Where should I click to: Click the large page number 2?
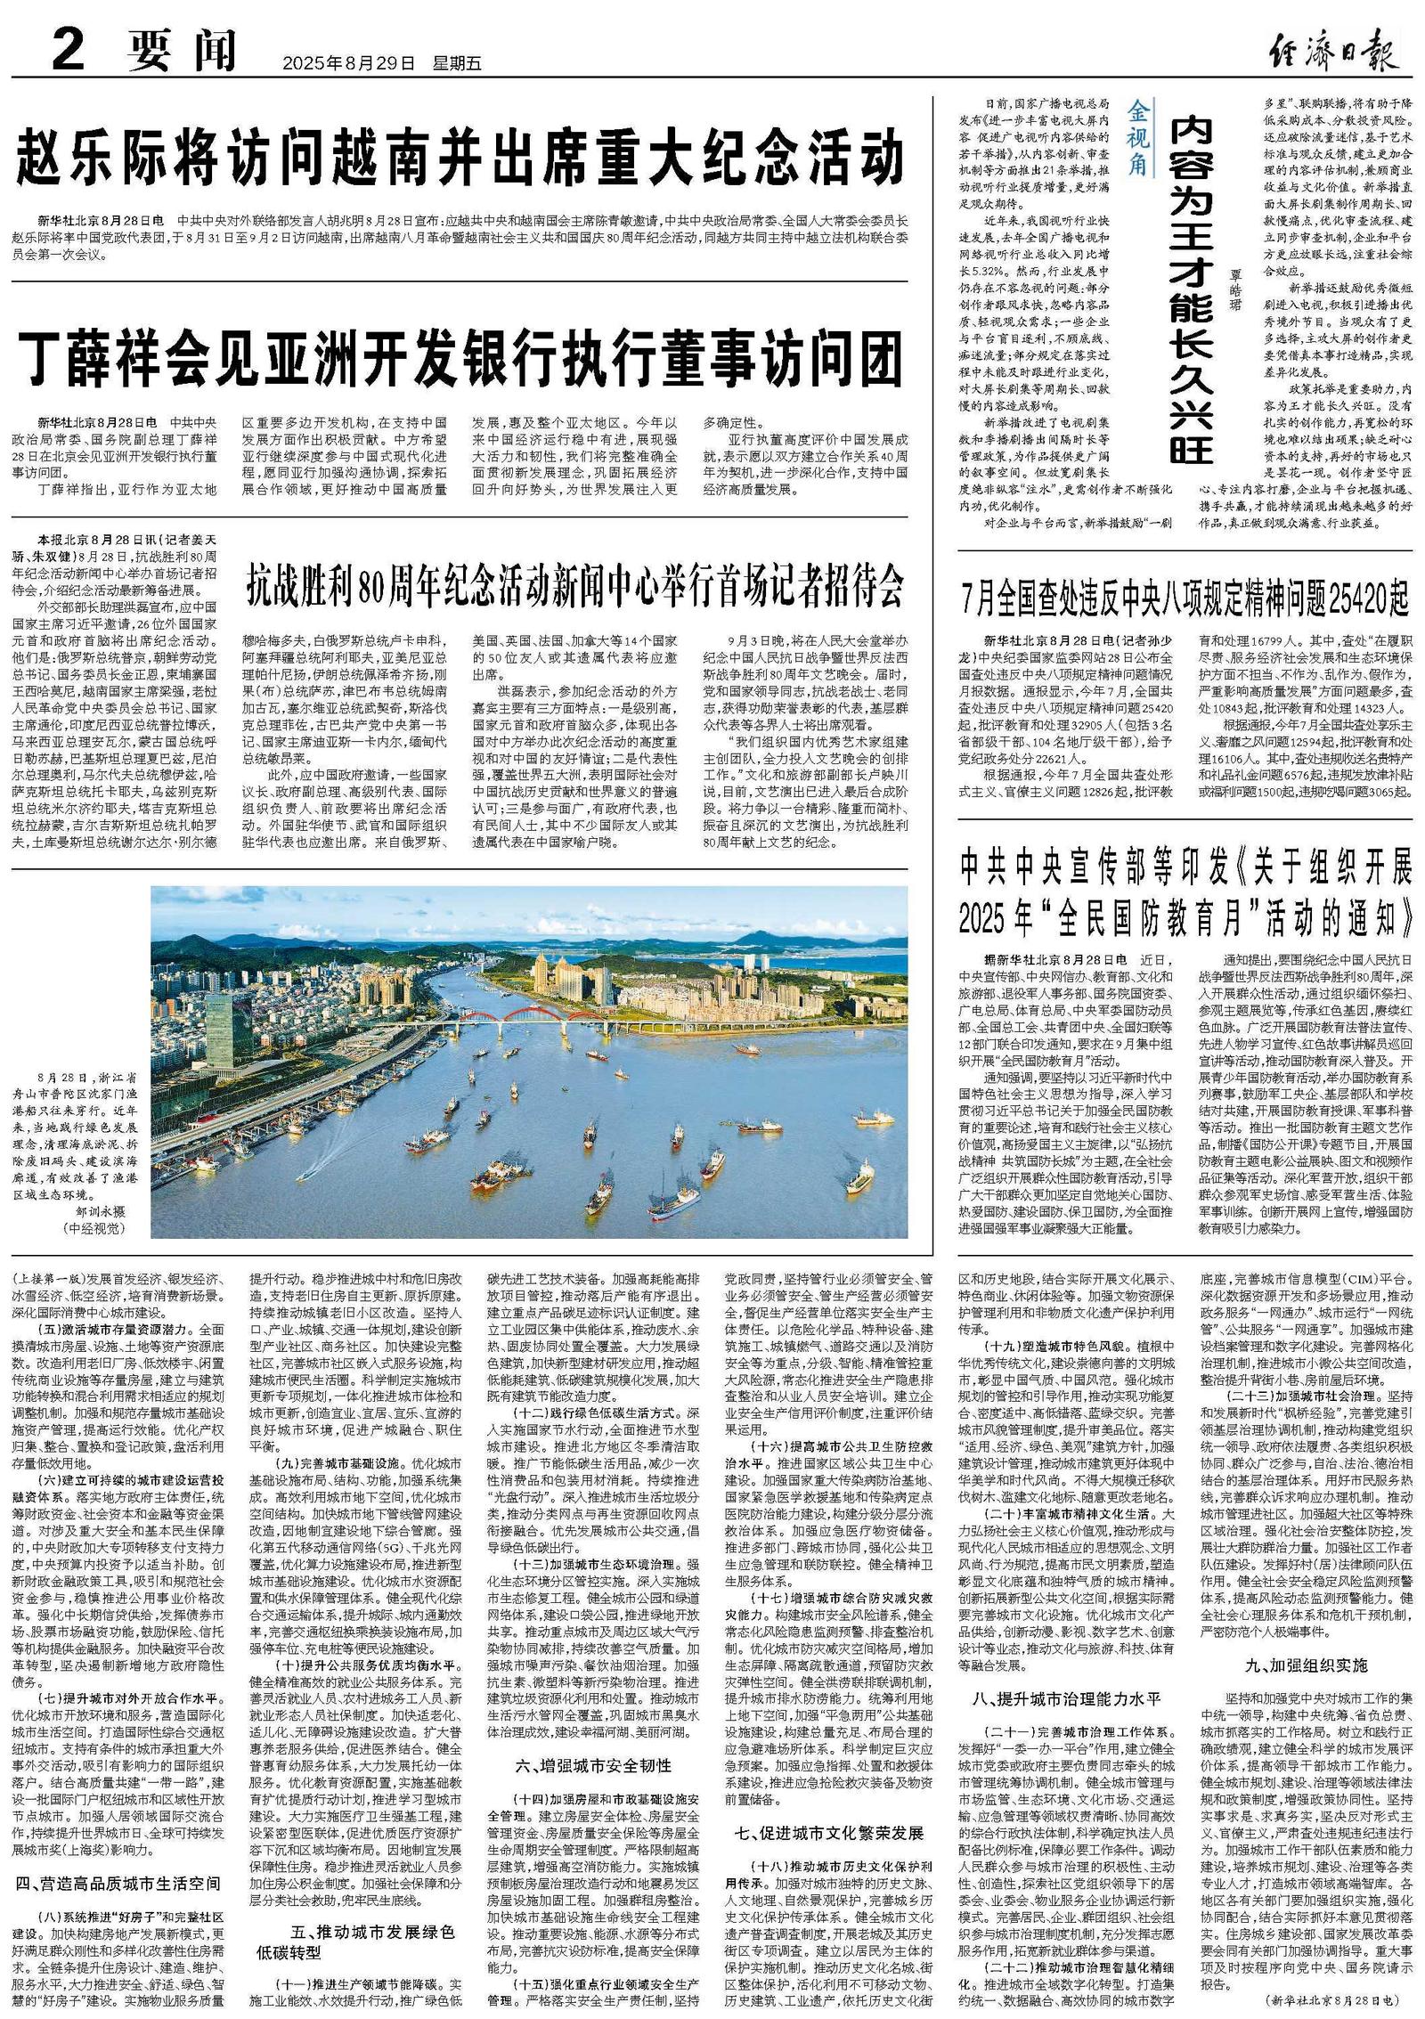(x=70, y=50)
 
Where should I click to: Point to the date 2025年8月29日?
(x=348, y=63)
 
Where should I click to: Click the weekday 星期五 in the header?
(x=457, y=63)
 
